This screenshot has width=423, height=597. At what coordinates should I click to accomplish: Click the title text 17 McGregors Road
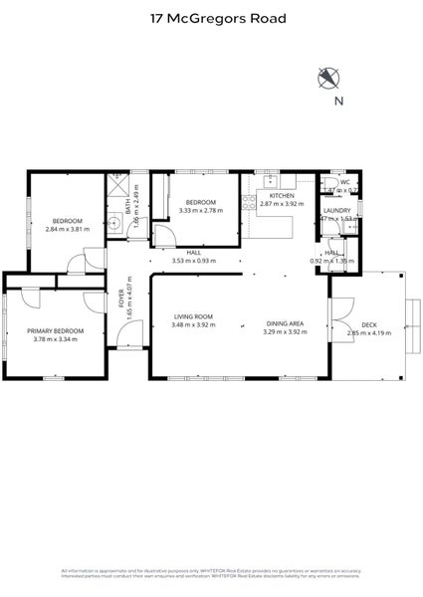[211, 18]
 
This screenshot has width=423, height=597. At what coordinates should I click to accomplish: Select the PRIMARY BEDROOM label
[55, 330]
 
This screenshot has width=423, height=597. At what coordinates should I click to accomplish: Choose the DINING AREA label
[285, 322]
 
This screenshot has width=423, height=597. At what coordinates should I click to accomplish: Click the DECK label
[368, 324]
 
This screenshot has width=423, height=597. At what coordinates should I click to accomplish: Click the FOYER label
[122, 307]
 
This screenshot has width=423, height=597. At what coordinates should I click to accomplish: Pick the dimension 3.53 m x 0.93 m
[193, 261]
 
